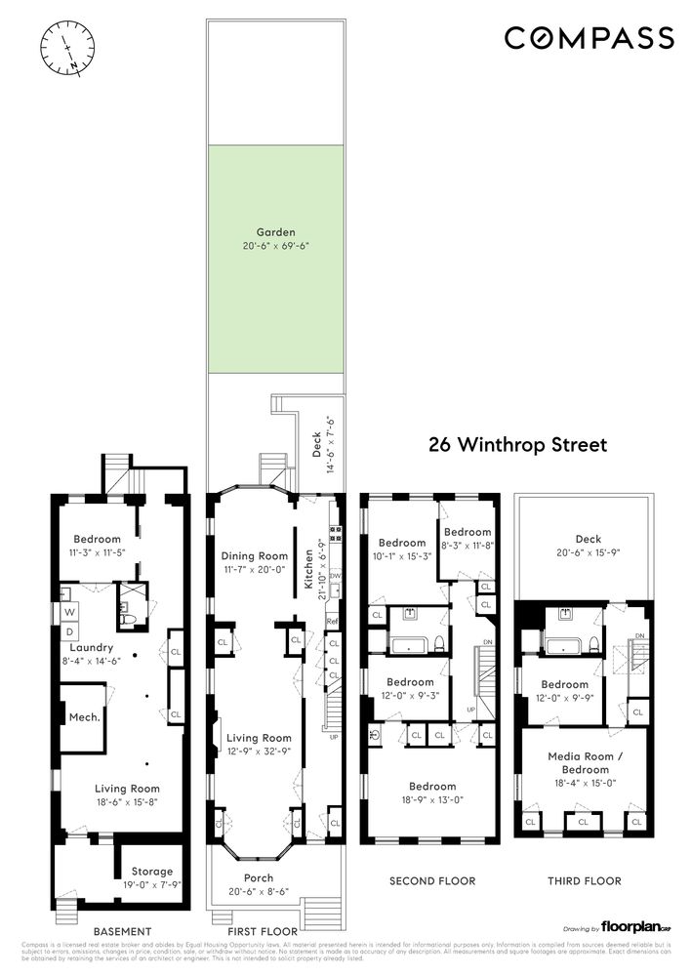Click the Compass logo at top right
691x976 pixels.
click(x=589, y=38)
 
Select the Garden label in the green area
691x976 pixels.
click(x=275, y=232)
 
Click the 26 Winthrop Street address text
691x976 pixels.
click(x=518, y=445)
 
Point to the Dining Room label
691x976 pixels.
click(x=255, y=556)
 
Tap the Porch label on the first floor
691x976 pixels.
click(x=260, y=878)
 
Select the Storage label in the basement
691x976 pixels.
click(x=152, y=872)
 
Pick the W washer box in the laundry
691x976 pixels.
click(x=70, y=613)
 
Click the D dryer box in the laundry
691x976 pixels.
click(x=70, y=630)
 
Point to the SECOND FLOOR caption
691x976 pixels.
click(x=432, y=881)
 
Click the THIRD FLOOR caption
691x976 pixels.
click(x=583, y=881)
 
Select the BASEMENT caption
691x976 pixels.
click(x=122, y=931)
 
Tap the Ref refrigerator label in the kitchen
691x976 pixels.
click(x=333, y=621)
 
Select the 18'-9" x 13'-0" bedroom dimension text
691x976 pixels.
click(x=432, y=800)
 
